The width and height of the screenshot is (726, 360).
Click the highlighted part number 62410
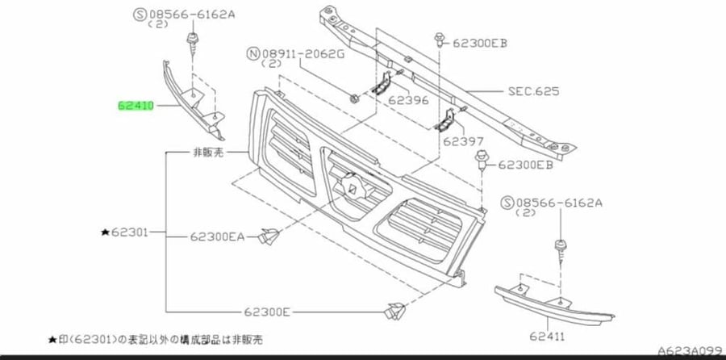coord(136,106)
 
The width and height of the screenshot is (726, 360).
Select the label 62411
coord(547,336)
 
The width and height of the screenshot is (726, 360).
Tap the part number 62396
coord(408,100)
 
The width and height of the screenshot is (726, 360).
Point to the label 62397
coord(463,141)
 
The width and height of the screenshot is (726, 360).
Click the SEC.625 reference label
coord(533,91)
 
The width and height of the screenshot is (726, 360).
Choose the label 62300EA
coord(218,237)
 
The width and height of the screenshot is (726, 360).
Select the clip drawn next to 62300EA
coord(269,237)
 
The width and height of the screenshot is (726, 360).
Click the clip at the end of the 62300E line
coord(394,311)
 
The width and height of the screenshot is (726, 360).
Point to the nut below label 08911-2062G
coord(354,98)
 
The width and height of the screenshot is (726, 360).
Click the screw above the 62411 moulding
coord(561,250)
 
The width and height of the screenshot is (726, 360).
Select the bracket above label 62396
coord(382,84)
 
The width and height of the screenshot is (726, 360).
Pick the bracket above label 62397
coord(445,119)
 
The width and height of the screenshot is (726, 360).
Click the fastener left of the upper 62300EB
coord(440,40)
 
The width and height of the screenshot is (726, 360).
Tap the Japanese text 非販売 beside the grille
coord(208,153)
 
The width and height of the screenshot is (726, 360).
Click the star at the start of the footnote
coord(52,340)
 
